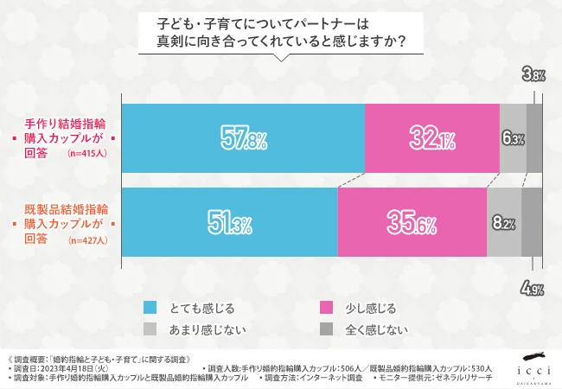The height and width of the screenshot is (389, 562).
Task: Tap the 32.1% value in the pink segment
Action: [431, 138]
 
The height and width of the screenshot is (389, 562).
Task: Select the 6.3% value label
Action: [513, 138]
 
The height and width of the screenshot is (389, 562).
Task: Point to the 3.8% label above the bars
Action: [533, 76]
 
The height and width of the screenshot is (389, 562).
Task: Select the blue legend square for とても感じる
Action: [150, 307]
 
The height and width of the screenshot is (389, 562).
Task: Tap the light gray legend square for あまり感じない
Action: [150, 329]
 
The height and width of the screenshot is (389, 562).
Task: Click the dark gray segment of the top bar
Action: [534, 138]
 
